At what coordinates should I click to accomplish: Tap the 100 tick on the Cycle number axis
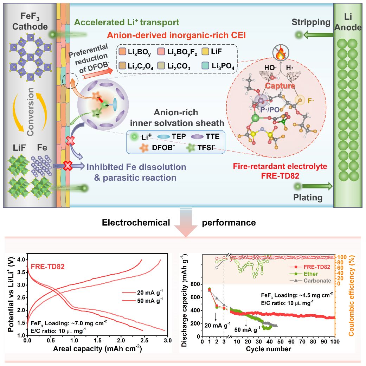pos(335,341)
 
